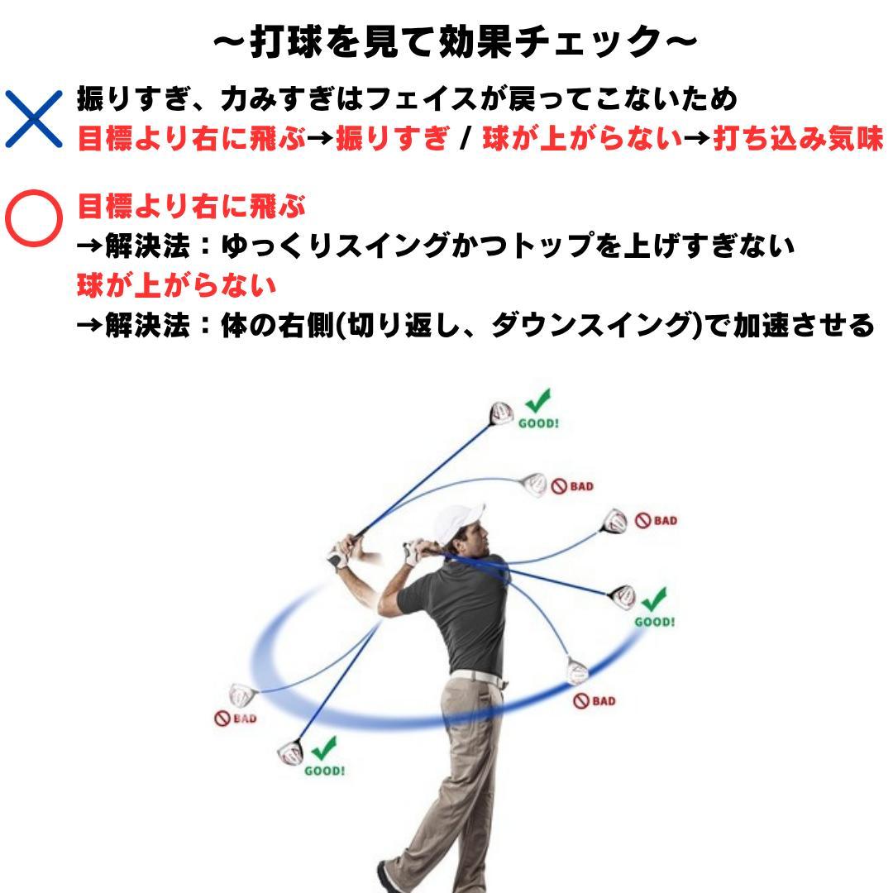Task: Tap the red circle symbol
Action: click(34, 218)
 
